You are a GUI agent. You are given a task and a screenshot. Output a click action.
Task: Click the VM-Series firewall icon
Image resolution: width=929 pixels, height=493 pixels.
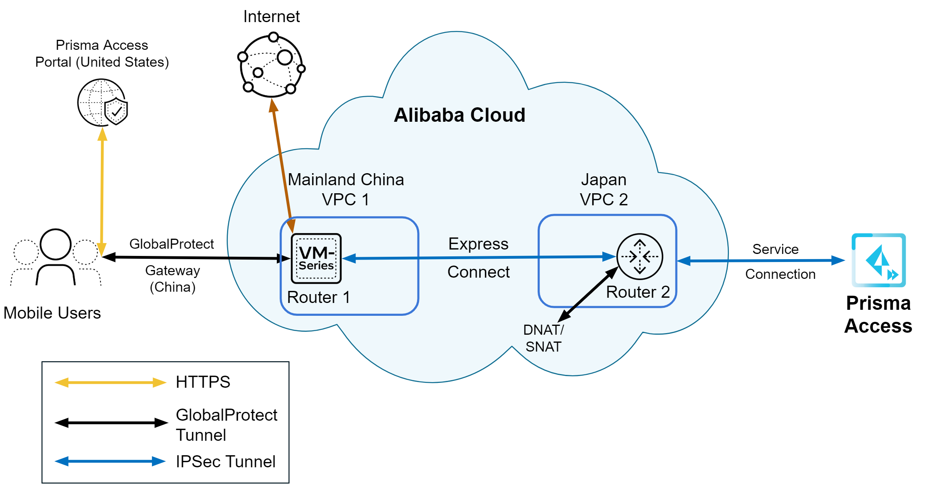point(316,259)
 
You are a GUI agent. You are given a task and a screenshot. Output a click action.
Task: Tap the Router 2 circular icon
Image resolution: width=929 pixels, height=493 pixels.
point(640,257)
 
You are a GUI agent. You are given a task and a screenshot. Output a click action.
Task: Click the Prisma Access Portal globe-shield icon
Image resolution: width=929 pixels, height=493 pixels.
point(102,102)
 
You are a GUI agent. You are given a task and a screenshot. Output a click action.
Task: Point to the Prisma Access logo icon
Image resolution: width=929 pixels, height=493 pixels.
point(879,260)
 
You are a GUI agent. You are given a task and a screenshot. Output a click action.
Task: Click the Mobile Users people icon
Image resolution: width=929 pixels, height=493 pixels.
point(56,257)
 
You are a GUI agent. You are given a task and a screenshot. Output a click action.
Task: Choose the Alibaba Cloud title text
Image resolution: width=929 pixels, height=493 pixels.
point(459,115)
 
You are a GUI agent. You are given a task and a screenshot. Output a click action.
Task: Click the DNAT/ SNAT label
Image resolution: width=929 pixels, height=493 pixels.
point(543,338)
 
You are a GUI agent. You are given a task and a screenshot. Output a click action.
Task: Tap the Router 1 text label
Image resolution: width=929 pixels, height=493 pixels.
point(319,297)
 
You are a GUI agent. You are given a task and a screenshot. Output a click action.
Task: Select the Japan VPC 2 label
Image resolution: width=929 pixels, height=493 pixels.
point(604,190)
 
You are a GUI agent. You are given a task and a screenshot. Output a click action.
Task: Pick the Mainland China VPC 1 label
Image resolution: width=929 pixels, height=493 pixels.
point(346,190)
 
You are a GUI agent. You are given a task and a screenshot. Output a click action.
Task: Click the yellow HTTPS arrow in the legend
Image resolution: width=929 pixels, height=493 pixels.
point(110,383)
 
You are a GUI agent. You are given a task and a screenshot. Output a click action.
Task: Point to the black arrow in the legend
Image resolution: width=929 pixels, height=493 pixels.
point(111,423)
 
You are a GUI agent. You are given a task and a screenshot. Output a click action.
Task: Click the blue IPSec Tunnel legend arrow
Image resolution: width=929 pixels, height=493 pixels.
point(110,461)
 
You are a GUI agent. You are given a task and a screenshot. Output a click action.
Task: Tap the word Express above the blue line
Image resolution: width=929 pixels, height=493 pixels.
point(478,244)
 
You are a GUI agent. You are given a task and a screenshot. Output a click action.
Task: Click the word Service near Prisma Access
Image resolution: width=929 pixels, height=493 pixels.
point(775,249)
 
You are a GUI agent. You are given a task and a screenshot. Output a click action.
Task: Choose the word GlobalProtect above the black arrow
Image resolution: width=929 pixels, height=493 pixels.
point(172,244)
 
